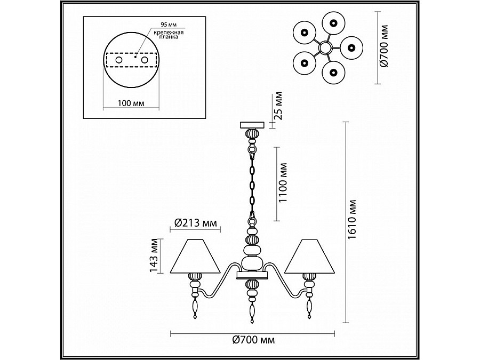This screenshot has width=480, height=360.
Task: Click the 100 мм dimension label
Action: (131, 103)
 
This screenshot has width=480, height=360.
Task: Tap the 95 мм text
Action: (169, 25)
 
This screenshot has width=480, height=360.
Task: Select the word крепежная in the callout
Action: (169, 32)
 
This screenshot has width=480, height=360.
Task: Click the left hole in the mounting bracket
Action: (118, 60)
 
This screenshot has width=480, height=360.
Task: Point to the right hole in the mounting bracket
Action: (145, 60)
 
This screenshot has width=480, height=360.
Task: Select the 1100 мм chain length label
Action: (283, 182)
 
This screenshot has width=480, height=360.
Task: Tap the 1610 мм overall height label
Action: (353, 220)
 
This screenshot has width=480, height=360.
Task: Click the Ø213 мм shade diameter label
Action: (196, 223)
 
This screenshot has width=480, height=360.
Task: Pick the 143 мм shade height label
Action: (154, 255)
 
